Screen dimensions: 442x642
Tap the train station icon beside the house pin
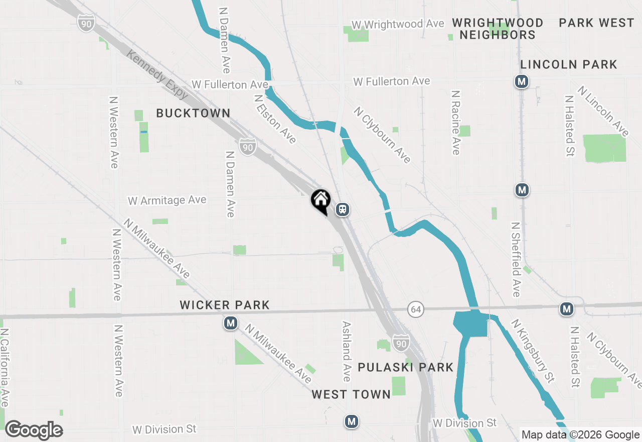point(343,209)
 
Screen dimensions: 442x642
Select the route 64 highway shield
point(415,309)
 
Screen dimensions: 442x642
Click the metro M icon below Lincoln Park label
point(522,81)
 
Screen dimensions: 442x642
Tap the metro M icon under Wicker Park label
point(231,323)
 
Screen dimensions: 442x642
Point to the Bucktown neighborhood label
point(193,114)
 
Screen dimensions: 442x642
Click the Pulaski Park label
point(405,368)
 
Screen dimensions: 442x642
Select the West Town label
point(351,395)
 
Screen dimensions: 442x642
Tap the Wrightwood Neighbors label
point(498,29)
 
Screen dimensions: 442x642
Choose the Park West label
point(596,23)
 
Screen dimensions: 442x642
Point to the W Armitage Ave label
point(167,200)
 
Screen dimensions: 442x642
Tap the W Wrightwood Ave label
point(398,24)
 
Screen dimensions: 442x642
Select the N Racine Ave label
point(455,123)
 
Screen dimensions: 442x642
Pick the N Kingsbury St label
point(533,351)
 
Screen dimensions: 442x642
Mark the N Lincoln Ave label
point(603,111)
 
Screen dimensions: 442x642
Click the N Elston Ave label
point(275,120)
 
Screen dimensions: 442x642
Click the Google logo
point(34,430)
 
